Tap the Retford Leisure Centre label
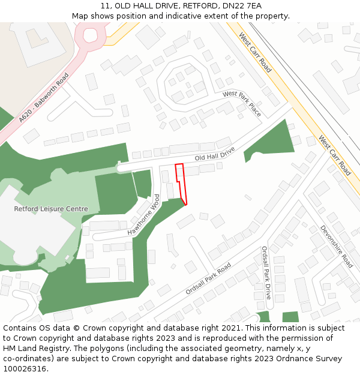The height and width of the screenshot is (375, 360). point(51,209)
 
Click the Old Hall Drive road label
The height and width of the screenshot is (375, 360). point(215,154)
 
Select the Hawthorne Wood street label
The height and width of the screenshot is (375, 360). point(144,215)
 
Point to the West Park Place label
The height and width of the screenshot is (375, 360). point(242,103)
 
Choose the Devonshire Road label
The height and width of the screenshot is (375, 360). point(336,247)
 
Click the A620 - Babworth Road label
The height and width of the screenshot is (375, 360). point(44,98)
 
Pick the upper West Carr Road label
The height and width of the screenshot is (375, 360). point(255,53)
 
